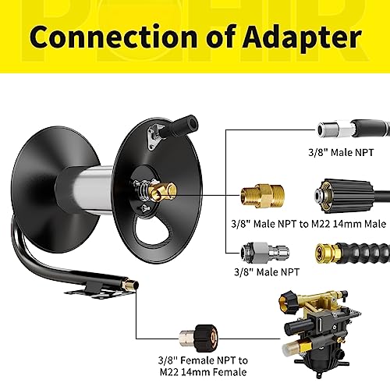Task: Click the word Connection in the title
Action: pyautogui.click(x=113, y=37)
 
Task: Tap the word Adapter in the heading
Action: pyautogui.click(x=302, y=38)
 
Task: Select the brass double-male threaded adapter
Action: pyautogui.click(x=262, y=196)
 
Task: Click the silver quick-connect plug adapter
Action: pyautogui.click(x=264, y=253)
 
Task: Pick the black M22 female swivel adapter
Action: pyautogui.click(x=199, y=338)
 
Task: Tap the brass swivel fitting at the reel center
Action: pyautogui.click(x=162, y=192)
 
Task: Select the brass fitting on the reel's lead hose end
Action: pyautogui.click(x=131, y=284)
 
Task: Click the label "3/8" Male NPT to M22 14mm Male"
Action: pyautogui.click(x=309, y=224)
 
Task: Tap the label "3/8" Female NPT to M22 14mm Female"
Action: pyautogui.click(x=203, y=366)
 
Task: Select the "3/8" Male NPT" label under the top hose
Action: pyautogui.click(x=341, y=152)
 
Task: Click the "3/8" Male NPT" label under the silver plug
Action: pyautogui.click(x=267, y=272)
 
